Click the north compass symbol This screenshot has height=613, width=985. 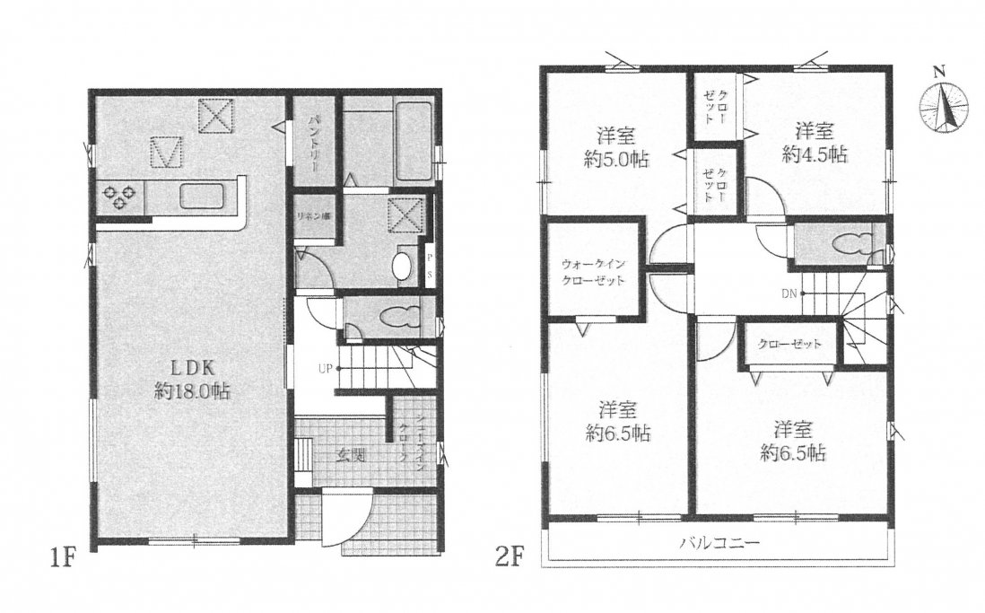coord(941,102)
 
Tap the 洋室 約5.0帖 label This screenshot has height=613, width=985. coord(615,148)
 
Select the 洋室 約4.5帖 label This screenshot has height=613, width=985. coord(815,141)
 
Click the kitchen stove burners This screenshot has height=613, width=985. coord(119,196)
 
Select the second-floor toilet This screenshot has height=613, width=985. coord(849,243)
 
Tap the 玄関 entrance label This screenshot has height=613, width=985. coord(351,455)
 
